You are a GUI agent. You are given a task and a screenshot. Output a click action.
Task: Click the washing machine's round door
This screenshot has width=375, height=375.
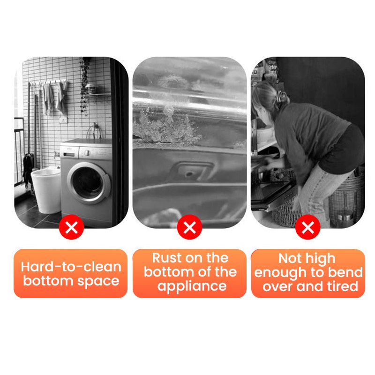[x=89, y=183]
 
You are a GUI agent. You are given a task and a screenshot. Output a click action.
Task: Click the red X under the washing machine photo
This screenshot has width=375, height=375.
[x=71, y=227]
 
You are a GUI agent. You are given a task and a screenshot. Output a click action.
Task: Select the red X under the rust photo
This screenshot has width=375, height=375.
[x=190, y=227]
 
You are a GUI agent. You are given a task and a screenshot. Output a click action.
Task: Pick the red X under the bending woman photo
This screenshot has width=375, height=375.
[x=308, y=227]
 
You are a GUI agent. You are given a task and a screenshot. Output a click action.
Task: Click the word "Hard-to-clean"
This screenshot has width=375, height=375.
[x=71, y=267]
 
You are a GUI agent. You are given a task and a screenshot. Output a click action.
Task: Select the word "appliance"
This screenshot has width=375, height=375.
[x=192, y=286]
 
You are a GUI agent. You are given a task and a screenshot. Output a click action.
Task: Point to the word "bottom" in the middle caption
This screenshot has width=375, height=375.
[x=166, y=272]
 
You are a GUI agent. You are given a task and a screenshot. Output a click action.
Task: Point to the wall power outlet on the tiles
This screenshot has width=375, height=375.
[x=63, y=120]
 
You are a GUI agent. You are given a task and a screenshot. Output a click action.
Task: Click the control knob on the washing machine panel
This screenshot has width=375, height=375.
[x=88, y=153]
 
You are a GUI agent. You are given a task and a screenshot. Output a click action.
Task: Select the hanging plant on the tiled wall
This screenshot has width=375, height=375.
[x=84, y=86]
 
